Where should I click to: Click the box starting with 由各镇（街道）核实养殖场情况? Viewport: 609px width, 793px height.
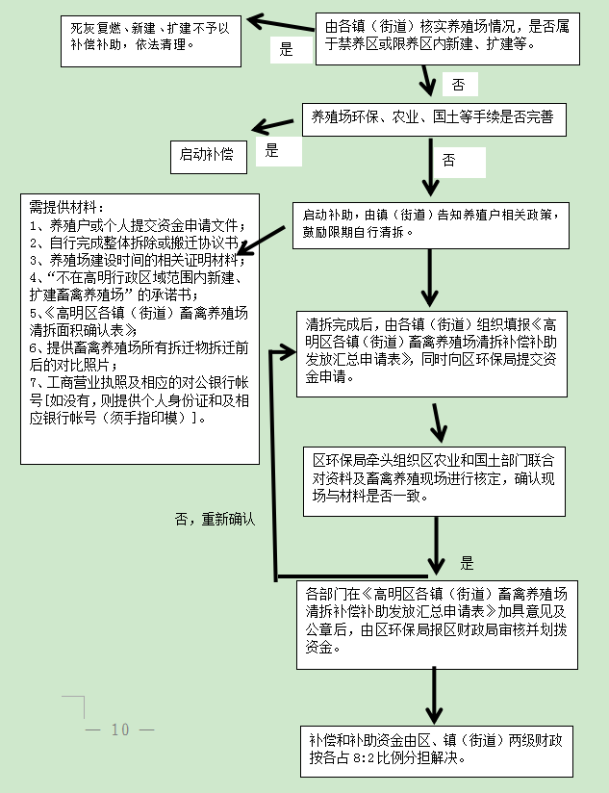445,38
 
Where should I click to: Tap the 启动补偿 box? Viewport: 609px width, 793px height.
208,154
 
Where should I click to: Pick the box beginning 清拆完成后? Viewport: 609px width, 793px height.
437,351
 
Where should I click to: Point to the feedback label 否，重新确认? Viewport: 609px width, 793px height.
215,519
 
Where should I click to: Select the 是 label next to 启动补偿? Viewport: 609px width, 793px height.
271,150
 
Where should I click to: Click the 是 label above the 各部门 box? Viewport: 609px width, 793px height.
468,563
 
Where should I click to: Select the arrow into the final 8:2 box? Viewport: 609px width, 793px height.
435,693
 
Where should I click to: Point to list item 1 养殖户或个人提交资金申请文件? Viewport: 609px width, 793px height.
132,225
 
